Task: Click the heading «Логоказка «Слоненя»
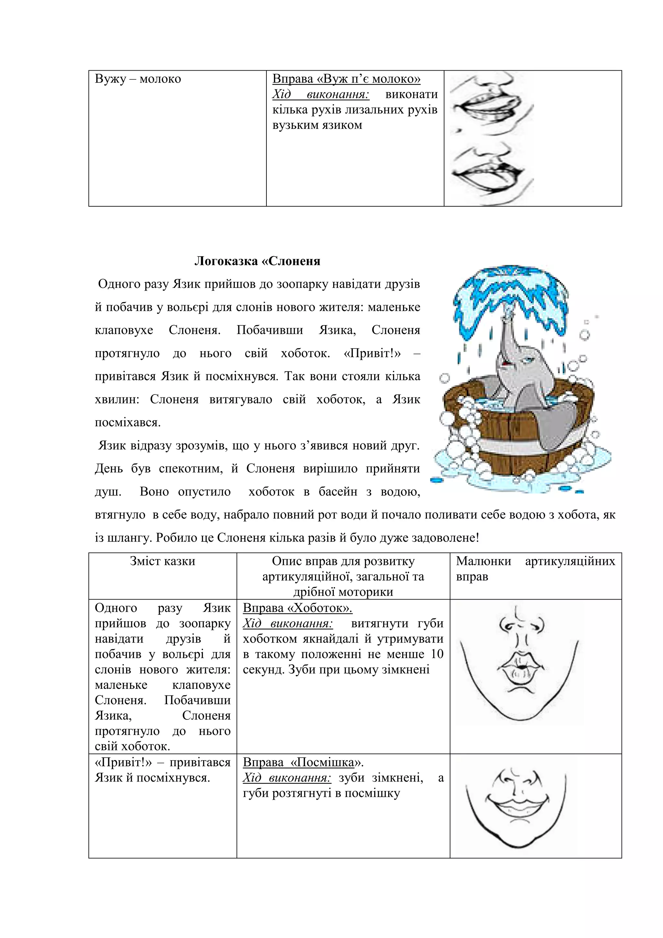click(257, 261)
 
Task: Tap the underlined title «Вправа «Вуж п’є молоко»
click(346, 79)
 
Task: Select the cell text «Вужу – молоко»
click(138, 79)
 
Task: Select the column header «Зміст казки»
click(163, 561)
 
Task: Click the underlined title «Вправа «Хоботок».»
click(297, 608)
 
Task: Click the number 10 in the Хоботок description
click(437, 654)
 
